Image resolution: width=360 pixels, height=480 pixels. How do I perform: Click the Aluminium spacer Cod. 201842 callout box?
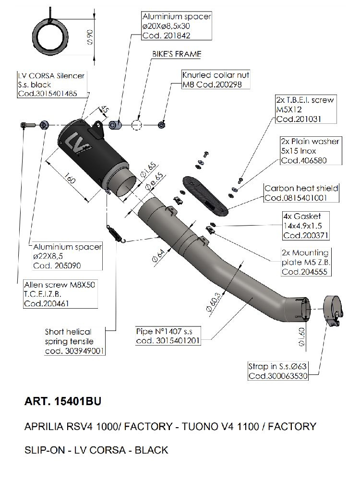(x=177, y=26)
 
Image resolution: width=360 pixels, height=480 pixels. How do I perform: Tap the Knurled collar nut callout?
(x=216, y=80)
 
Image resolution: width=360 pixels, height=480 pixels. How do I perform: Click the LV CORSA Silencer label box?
(x=47, y=85)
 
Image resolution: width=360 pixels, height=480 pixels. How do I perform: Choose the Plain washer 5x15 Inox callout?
(x=310, y=151)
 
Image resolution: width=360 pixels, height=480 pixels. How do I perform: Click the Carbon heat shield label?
(x=301, y=193)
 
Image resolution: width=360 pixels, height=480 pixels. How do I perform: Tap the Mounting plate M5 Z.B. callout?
(x=305, y=262)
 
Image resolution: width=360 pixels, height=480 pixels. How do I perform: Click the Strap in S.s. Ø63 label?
(x=277, y=371)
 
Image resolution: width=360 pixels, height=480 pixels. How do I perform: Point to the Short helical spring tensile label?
(x=74, y=341)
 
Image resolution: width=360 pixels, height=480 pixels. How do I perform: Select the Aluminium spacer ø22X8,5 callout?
(x=67, y=256)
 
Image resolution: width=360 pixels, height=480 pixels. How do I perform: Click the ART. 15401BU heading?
(x=62, y=401)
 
